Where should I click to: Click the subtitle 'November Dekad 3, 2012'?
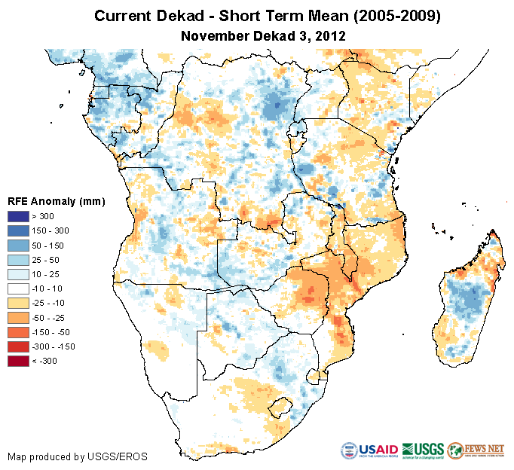coord(264,35)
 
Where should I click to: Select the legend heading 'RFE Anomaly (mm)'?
coord(56,201)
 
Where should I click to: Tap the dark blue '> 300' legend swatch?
coord(19,217)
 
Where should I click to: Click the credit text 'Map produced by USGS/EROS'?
coord(78,456)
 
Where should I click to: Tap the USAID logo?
coord(369,450)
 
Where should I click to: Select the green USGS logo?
coord(423,450)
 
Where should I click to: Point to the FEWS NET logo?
coord(476,450)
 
